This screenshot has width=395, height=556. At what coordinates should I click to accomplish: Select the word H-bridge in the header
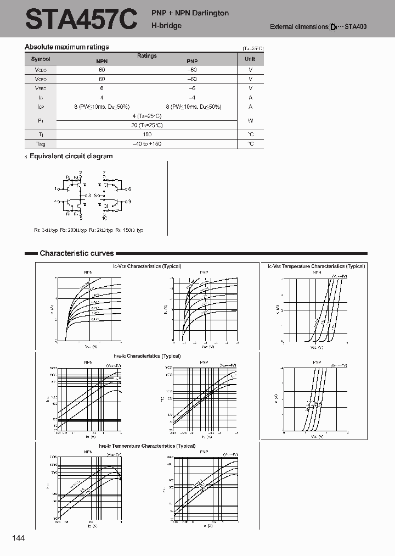[x=167, y=26]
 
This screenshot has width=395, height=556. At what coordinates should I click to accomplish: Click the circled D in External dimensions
[x=332, y=27]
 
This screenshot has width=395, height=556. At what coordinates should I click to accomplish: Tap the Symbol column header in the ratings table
[x=41, y=59]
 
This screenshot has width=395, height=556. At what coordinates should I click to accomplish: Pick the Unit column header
[x=250, y=59]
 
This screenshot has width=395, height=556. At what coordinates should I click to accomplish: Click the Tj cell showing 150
[x=146, y=134]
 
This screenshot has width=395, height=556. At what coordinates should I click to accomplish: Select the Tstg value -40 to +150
[x=146, y=143]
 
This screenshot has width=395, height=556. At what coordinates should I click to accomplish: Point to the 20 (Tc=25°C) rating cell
[x=146, y=125]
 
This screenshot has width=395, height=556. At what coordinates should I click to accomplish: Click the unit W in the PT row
[x=250, y=120]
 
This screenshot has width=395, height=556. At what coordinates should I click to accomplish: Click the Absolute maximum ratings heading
[x=67, y=47]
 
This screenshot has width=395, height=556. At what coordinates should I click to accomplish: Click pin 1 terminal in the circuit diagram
[x=56, y=188]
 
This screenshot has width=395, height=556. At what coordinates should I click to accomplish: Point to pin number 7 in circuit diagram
[x=104, y=173]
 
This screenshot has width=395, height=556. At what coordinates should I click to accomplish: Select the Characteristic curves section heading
[x=76, y=253]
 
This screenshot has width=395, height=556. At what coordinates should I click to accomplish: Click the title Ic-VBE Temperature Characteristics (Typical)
[x=316, y=266]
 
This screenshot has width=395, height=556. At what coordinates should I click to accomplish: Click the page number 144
[x=18, y=538]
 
